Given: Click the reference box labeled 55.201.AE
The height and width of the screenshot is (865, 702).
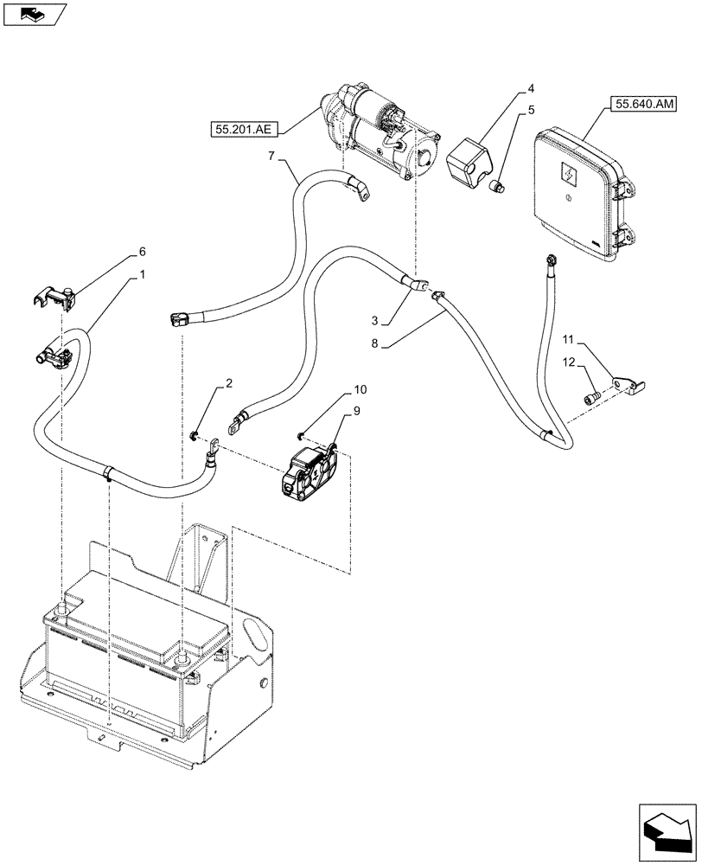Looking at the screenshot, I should pos(244,130).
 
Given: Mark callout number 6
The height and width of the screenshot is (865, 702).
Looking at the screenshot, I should pos(142,252).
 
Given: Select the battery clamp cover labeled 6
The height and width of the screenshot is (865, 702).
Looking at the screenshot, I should pos(56,298).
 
